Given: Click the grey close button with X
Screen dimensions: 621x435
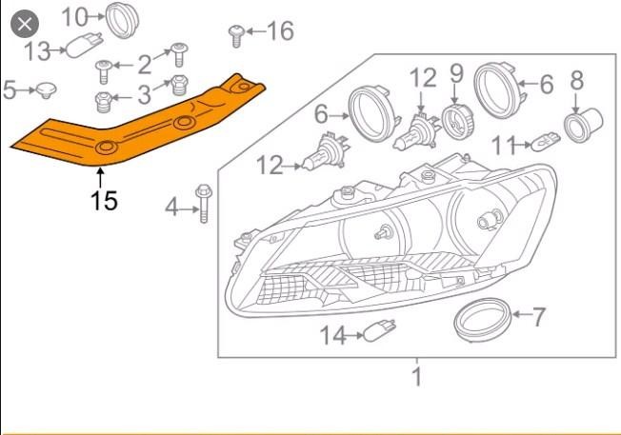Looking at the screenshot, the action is [x=25, y=24].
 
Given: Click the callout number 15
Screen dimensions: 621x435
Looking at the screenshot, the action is [x=104, y=201].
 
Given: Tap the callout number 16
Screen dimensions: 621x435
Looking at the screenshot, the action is [x=280, y=30].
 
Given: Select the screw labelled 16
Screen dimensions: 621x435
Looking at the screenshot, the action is [x=236, y=36].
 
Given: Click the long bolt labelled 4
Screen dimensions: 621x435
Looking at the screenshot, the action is [x=204, y=204].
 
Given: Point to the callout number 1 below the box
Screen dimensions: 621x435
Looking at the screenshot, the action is [x=416, y=376].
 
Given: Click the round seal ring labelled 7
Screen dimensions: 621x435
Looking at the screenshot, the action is [x=482, y=321].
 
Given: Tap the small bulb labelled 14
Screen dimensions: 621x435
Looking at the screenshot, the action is [x=379, y=331].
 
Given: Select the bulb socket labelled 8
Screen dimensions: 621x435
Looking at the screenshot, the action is [x=583, y=125].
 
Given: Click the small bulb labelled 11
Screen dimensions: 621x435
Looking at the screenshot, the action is [x=546, y=142].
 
